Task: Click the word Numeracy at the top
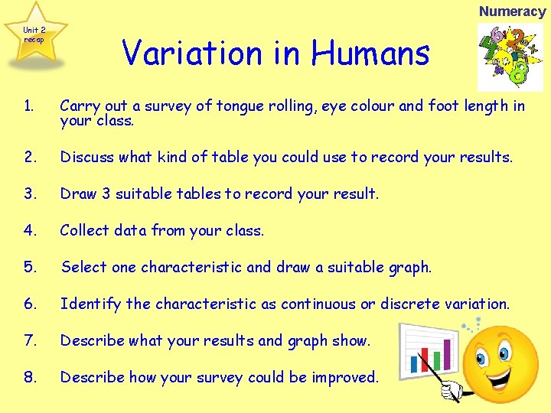tap(512, 11)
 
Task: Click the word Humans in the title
tap(370, 53)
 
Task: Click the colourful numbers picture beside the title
tap(499, 57)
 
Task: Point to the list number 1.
tap(28, 106)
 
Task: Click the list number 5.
tap(29, 267)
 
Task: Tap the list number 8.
tap(29, 377)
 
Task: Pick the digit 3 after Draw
tap(106, 193)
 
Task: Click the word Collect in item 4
tap(85, 230)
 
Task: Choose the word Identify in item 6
tap(91, 304)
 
